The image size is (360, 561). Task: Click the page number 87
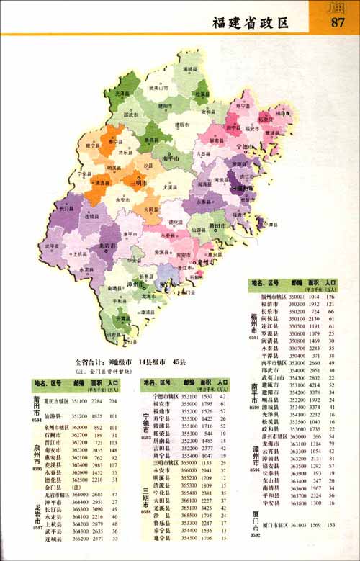[337, 22]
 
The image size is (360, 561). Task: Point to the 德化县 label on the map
[176, 222]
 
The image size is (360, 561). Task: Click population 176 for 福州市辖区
[331, 297]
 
